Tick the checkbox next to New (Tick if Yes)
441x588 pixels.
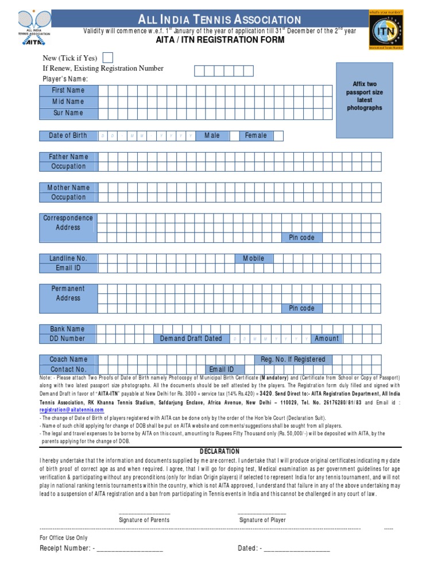[x=108, y=57]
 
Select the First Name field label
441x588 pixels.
[x=68, y=90]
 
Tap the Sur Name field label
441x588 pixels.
[x=68, y=113]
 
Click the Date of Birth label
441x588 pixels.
[x=68, y=136]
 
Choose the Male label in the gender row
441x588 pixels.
[x=212, y=136]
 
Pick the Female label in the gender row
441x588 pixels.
[x=256, y=136]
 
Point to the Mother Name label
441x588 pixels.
[x=68, y=187]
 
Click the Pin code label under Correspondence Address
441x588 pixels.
[x=301, y=238]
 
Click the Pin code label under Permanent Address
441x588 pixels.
[x=301, y=308]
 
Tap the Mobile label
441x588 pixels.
[x=254, y=258]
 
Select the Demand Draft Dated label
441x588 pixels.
[x=191, y=339]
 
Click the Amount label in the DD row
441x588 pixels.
[x=327, y=339]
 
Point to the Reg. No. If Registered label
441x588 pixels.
[x=293, y=359]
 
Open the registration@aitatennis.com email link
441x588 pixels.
[x=72, y=410]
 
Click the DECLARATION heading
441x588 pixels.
[x=220, y=452]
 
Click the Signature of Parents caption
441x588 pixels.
[x=144, y=520]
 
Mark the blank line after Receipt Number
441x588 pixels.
[x=130, y=549]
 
